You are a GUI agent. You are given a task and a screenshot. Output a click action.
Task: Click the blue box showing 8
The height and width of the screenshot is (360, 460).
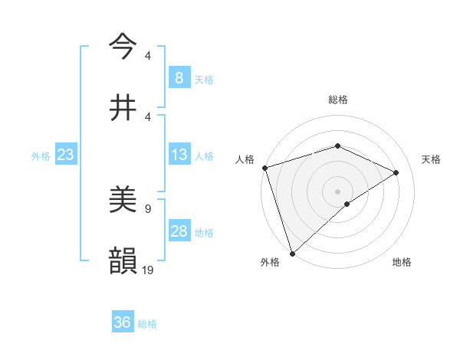(x=179, y=77)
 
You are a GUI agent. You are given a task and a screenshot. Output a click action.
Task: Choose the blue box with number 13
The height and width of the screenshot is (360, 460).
(x=179, y=155)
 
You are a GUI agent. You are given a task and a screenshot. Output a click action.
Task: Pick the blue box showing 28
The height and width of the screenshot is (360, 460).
(x=179, y=231)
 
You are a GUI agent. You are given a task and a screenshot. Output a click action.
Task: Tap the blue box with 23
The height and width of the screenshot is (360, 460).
(x=65, y=155)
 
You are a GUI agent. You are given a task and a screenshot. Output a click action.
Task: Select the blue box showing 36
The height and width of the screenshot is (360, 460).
(x=123, y=322)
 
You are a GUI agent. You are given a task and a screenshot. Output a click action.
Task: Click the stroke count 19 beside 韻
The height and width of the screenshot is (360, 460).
(x=148, y=270)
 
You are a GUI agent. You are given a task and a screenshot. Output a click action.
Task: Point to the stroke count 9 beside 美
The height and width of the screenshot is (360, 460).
(x=147, y=208)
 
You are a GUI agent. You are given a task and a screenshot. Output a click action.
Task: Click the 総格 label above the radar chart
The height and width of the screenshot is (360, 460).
(x=338, y=100)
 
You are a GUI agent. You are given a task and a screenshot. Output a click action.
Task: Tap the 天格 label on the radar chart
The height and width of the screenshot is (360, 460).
(x=432, y=159)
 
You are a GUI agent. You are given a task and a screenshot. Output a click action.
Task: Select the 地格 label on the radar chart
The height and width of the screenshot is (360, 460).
(x=402, y=262)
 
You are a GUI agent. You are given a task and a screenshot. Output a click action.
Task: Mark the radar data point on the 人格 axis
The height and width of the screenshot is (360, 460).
(x=264, y=168)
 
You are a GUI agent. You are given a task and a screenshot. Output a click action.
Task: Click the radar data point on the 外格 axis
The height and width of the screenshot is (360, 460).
(x=292, y=253)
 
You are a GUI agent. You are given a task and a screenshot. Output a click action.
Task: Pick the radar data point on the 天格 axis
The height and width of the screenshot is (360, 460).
(x=396, y=172)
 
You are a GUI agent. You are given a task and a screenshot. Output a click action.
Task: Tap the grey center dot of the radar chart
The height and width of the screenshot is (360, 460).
(x=337, y=191)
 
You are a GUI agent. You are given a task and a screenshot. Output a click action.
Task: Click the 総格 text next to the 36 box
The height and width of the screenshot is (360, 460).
(x=147, y=323)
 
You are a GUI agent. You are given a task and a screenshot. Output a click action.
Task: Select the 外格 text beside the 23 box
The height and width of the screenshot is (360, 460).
(x=41, y=155)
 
